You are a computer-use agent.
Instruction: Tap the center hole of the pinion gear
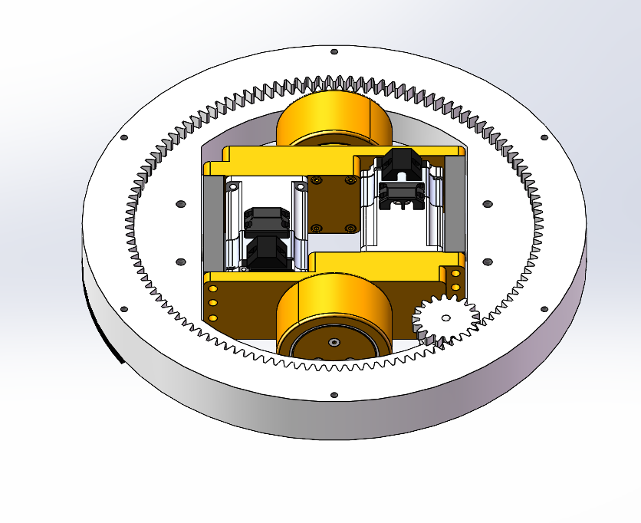[445, 317]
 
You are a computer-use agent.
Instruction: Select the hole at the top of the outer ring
[334, 52]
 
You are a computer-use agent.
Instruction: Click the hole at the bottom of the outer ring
[334, 396]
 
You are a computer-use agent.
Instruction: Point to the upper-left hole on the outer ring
[124, 138]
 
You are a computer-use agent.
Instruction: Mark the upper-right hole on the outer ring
[544, 138]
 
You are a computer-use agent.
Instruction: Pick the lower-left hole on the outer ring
[123, 309]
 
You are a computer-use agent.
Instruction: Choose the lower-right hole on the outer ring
[544, 309]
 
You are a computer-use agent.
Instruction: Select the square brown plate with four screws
[331, 203]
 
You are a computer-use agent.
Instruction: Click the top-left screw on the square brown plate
[315, 180]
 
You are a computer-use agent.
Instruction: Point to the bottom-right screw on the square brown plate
[350, 228]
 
